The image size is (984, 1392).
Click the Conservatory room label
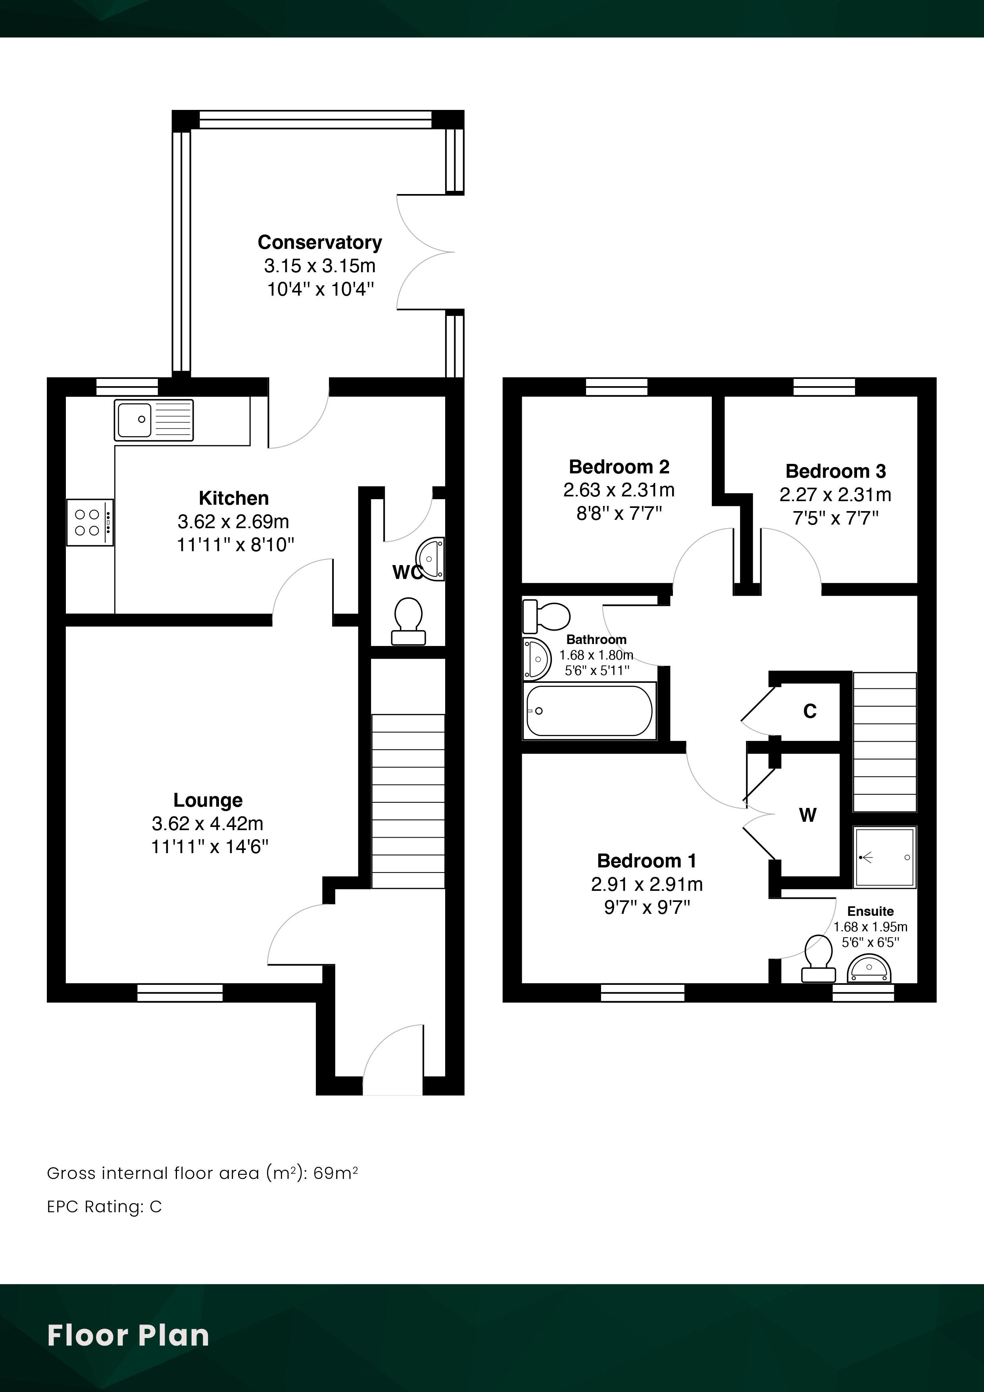click(x=319, y=242)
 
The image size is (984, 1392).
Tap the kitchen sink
click(x=154, y=419)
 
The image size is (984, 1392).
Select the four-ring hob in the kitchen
click(x=90, y=523)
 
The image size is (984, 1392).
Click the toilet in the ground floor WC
click(x=408, y=621)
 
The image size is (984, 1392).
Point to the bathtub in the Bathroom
click(x=589, y=711)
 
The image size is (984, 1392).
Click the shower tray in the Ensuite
click(x=884, y=857)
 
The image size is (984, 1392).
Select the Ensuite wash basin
click(x=869, y=968)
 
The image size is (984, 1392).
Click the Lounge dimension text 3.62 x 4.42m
click(x=208, y=823)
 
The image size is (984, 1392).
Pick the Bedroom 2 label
click(x=619, y=467)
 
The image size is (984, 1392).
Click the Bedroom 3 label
click(x=836, y=471)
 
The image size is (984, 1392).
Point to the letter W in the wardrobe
click(x=807, y=815)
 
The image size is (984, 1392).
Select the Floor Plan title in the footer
click(x=128, y=1336)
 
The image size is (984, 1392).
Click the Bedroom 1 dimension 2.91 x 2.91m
click(x=647, y=884)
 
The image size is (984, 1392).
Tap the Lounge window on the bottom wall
click(x=180, y=992)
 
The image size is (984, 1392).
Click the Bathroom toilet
click(x=546, y=616)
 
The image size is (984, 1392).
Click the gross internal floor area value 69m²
click(x=335, y=1173)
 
